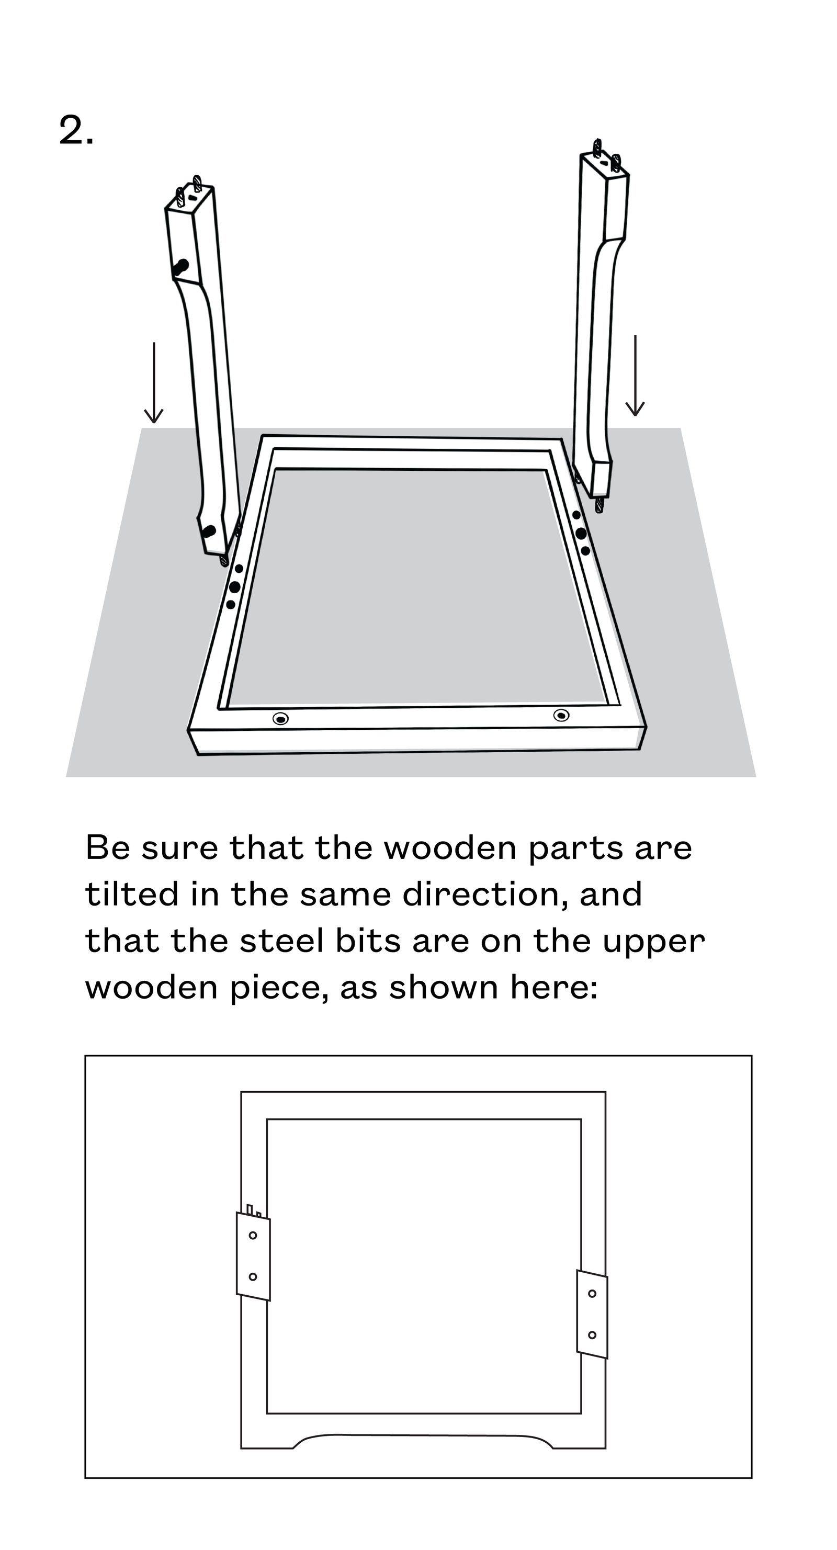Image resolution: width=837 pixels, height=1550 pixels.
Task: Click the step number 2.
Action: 76,130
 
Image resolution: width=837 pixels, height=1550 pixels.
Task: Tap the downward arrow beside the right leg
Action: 635,376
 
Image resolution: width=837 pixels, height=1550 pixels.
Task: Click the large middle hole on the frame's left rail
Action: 235,586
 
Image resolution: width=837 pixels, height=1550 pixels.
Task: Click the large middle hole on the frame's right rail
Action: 581,533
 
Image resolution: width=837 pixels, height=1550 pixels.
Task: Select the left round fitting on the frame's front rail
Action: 280,718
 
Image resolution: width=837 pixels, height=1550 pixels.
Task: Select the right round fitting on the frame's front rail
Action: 561,715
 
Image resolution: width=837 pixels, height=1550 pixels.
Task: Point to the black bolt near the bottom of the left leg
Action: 209,531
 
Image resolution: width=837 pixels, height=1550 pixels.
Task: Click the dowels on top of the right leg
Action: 606,153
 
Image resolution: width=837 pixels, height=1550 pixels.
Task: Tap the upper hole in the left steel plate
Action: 253,1235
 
